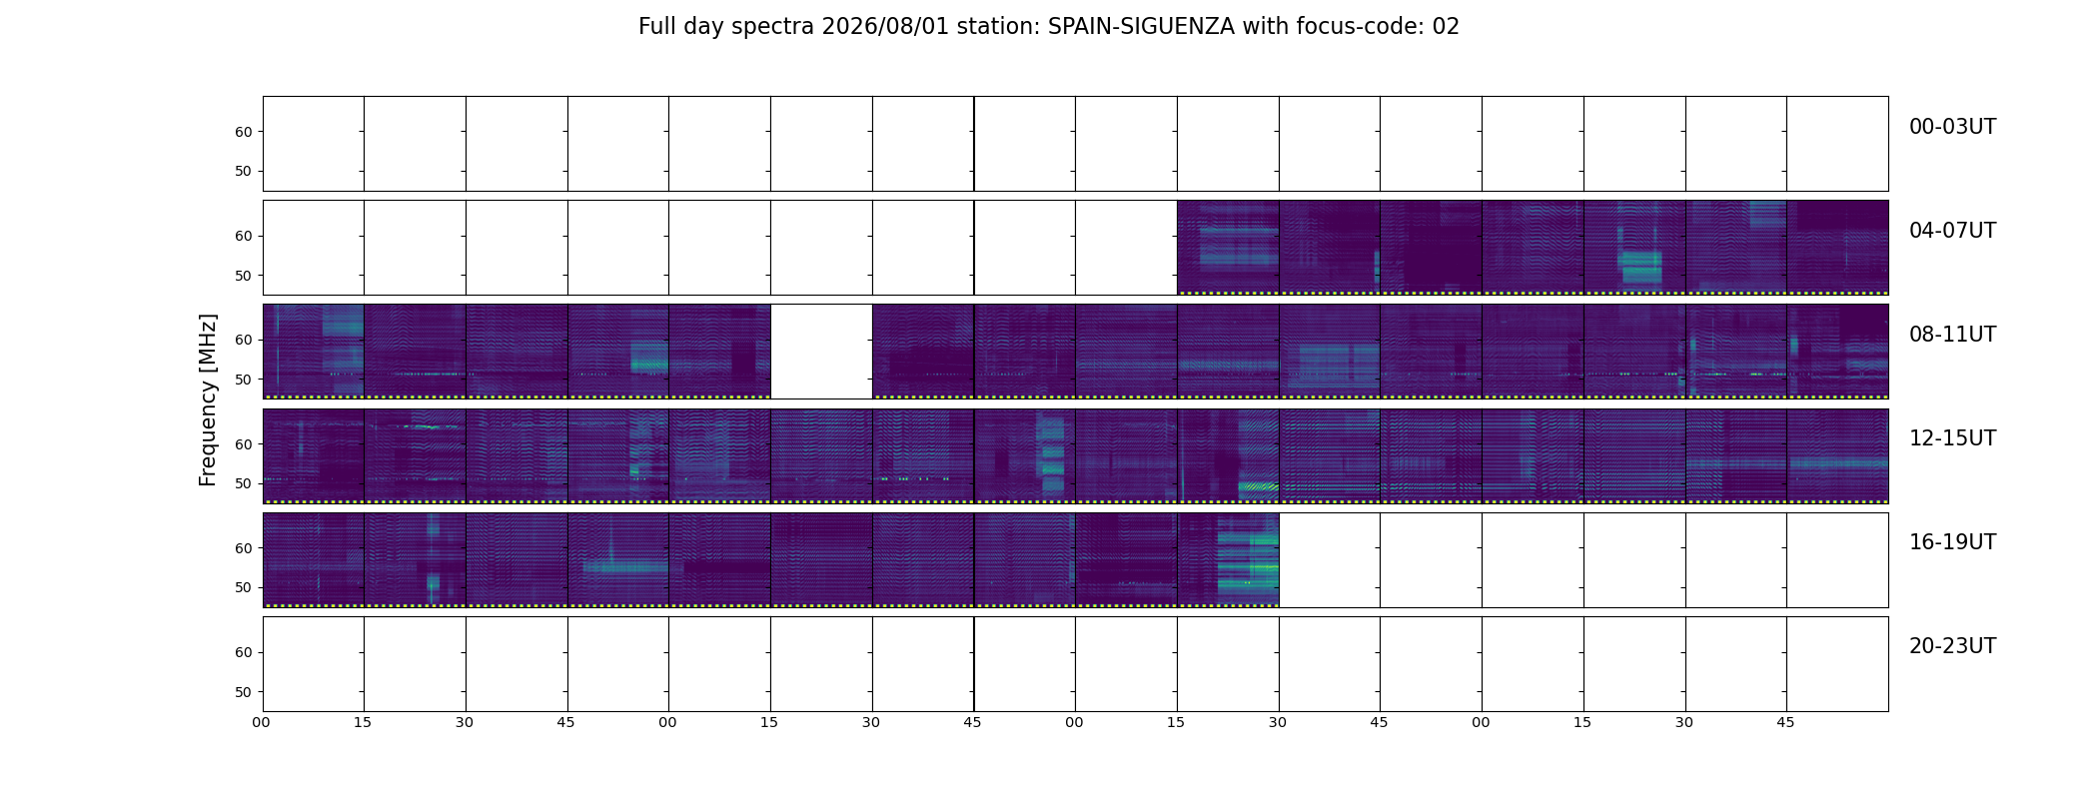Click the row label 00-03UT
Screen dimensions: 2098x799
click(x=1952, y=127)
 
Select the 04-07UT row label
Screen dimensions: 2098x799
click(x=1952, y=231)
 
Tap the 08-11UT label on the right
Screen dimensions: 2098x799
click(x=1952, y=335)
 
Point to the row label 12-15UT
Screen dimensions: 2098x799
click(x=1952, y=438)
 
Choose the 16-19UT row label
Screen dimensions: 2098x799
click(x=1952, y=542)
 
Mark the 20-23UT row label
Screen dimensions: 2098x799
click(x=1952, y=646)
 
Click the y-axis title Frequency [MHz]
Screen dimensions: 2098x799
click(x=208, y=399)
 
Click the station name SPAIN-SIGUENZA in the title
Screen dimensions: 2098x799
click(x=1141, y=27)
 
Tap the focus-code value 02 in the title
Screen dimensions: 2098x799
click(x=1446, y=27)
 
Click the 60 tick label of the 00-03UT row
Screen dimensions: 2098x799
click(x=243, y=132)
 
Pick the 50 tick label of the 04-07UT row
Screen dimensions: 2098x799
click(x=243, y=276)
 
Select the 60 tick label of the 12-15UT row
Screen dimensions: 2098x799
click(x=243, y=444)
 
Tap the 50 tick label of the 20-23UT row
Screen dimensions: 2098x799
click(x=243, y=692)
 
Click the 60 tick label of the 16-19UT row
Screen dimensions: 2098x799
click(x=243, y=548)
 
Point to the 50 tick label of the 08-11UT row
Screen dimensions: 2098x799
click(x=243, y=380)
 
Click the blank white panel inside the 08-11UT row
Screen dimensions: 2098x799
click(x=821, y=352)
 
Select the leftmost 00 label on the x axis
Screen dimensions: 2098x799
click(x=261, y=722)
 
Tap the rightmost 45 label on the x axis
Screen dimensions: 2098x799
click(x=1785, y=722)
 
